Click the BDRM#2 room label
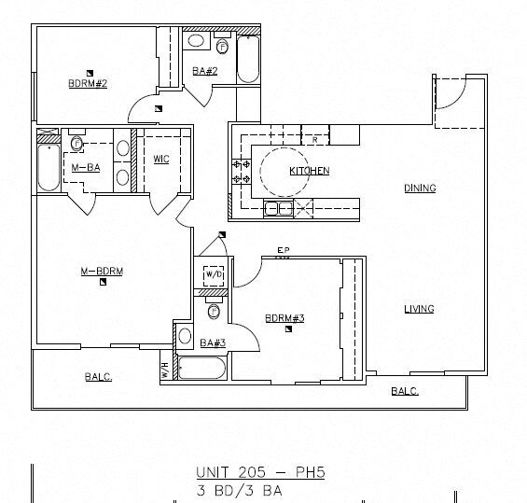point(88,83)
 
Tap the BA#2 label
point(205,71)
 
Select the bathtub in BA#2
point(248,59)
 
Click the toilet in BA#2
point(222,46)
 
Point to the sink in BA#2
point(196,41)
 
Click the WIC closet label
point(161,159)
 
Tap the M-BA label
point(86,167)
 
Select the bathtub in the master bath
point(49,167)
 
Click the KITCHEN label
point(310,171)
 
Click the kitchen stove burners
point(242,171)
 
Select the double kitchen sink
point(278,208)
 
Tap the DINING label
point(420,188)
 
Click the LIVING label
point(419,309)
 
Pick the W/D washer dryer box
point(214,275)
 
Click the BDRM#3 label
point(284,318)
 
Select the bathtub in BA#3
point(201,368)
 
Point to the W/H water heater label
point(165,370)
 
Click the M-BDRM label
point(102,271)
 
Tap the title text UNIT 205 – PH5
point(260,472)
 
